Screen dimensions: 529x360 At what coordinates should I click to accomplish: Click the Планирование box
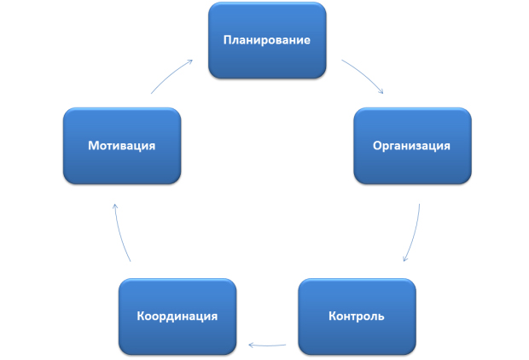(267, 40)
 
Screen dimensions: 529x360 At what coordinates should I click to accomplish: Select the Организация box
(412, 146)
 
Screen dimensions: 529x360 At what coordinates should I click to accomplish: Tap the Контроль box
(357, 316)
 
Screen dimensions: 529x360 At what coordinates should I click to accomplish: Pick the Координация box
(177, 316)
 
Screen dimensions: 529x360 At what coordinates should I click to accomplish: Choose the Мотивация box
(122, 146)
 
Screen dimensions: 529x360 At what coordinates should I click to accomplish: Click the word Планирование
(267, 40)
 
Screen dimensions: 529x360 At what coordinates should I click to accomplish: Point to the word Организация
(411, 146)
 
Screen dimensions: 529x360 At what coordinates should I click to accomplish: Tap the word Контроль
(357, 316)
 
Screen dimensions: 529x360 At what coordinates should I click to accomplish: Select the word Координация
(177, 316)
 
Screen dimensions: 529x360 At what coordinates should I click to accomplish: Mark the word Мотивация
(122, 146)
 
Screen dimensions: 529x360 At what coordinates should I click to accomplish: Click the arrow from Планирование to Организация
(364, 74)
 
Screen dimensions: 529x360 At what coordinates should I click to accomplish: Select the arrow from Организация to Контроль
(415, 234)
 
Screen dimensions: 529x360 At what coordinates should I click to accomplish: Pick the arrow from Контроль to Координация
(267, 345)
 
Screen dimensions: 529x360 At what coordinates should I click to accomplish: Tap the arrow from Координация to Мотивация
(120, 234)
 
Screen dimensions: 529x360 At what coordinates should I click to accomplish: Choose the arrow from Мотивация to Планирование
(170, 75)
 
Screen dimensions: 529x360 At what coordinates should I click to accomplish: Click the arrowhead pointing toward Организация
(381, 91)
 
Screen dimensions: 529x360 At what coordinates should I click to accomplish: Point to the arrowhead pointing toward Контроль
(405, 258)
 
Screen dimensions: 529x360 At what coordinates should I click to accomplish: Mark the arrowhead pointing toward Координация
(251, 345)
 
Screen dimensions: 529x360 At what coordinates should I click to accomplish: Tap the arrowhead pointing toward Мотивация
(115, 206)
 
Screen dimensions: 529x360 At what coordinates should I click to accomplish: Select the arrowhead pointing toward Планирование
(190, 61)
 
